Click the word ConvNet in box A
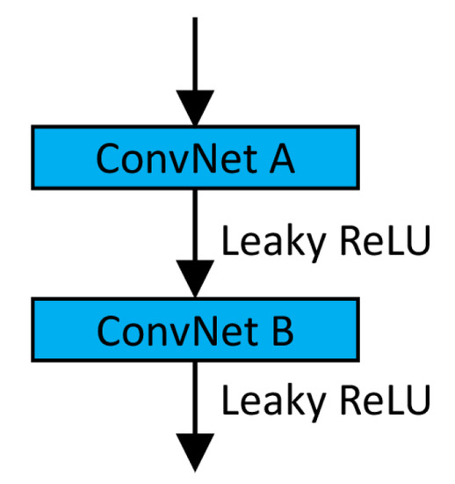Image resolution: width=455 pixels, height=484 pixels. point(167,158)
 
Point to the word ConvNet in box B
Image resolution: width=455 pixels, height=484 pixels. point(167,331)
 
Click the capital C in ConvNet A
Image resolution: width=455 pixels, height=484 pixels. point(108,158)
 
